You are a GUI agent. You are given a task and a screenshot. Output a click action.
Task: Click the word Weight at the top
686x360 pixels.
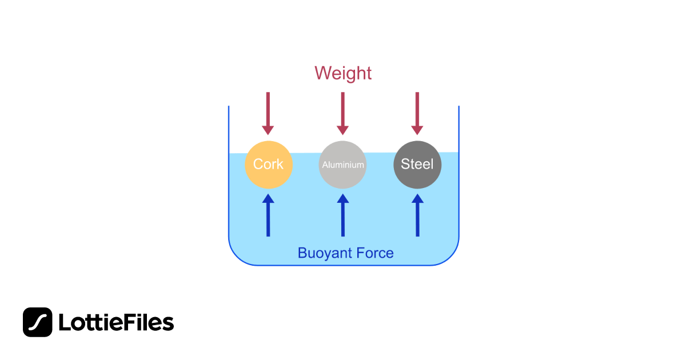(x=343, y=73)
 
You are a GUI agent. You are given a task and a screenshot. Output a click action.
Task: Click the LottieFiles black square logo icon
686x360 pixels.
(x=38, y=322)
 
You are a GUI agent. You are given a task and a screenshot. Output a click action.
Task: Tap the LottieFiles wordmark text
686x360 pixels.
(x=116, y=322)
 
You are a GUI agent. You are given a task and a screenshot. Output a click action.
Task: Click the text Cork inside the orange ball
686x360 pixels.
(x=269, y=165)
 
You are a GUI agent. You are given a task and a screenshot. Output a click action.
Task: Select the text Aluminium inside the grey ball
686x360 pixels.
(x=343, y=165)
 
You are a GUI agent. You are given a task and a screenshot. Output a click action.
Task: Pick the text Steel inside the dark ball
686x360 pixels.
(x=417, y=165)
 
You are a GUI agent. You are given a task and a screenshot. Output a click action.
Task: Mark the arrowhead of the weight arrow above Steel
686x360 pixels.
(x=417, y=130)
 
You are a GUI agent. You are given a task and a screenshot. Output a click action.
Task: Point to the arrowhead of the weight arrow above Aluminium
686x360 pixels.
(x=343, y=130)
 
